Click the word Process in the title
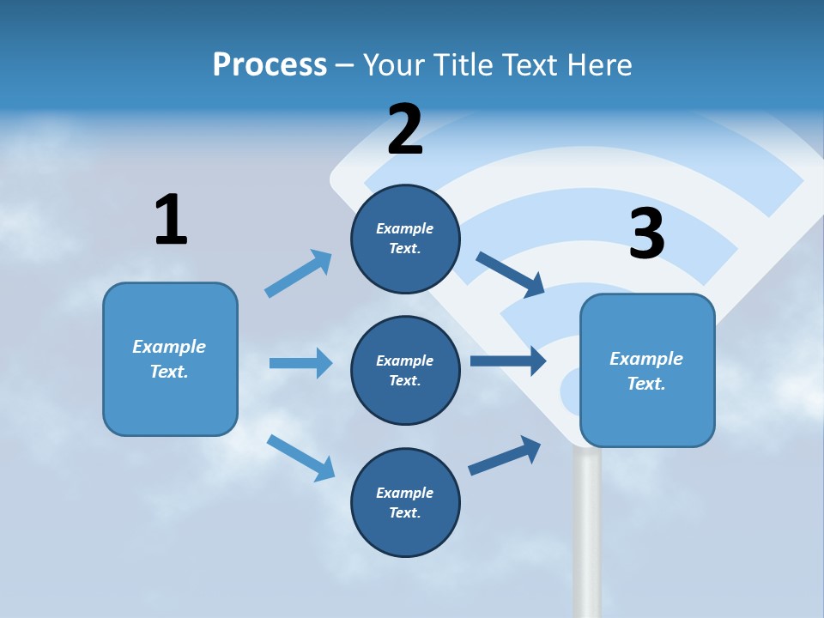pyautogui.click(x=270, y=64)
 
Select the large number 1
pyautogui.click(x=171, y=220)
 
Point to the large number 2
pyautogui.click(x=405, y=130)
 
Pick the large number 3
pyautogui.click(x=647, y=233)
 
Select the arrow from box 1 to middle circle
pyautogui.click(x=300, y=363)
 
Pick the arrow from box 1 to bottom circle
pyautogui.click(x=300, y=457)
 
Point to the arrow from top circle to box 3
pyautogui.click(x=511, y=274)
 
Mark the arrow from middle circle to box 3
pyautogui.click(x=508, y=360)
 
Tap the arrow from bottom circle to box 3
pyautogui.click(x=506, y=456)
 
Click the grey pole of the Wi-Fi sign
pyautogui.click(x=587, y=532)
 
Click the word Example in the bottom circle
pyautogui.click(x=404, y=493)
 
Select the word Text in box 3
pyautogui.click(x=645, y=384)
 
